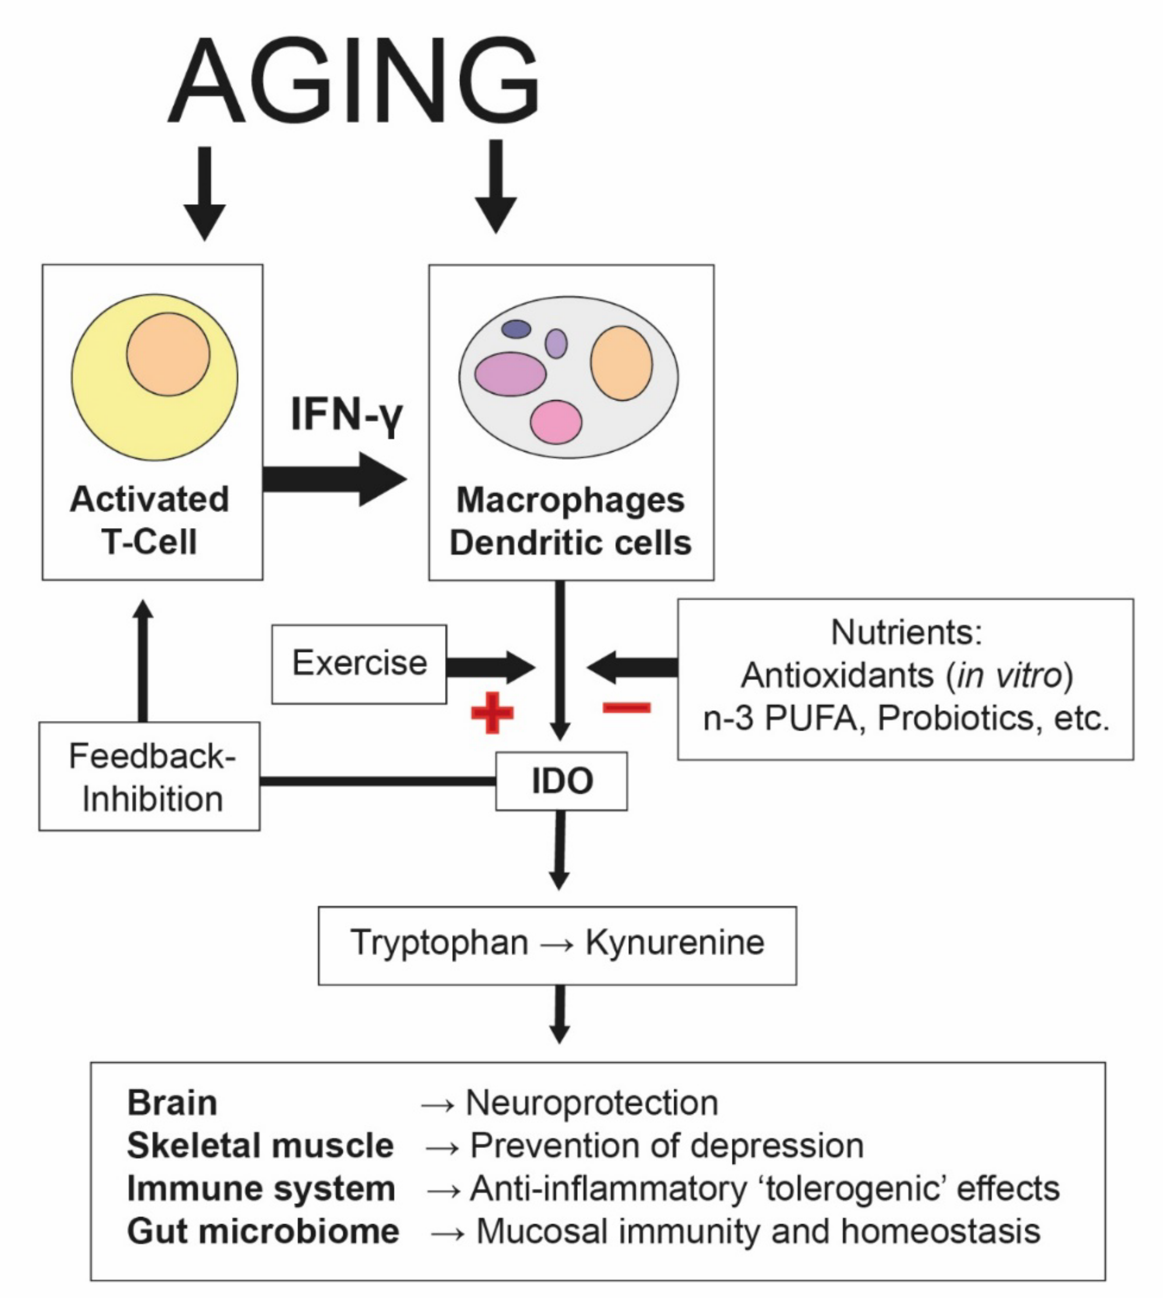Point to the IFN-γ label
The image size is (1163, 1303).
point(347,415)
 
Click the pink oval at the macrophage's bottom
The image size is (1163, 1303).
point(556,422)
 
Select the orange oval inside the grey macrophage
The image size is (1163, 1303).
point(621,363)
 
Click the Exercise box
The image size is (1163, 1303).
point(359,664)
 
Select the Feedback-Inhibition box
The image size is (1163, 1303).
point(149,776)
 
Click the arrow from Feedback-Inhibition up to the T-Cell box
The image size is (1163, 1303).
point(144,662)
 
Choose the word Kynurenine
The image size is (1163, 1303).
point(675,943)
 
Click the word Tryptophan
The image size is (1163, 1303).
point(439,943)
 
